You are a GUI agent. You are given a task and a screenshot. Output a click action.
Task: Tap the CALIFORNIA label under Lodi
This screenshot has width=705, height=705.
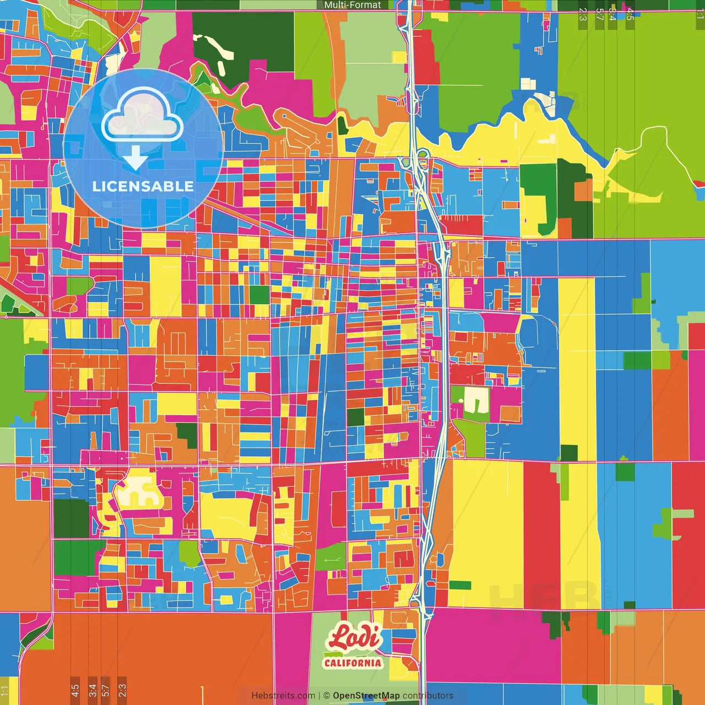click(x=352, y=663)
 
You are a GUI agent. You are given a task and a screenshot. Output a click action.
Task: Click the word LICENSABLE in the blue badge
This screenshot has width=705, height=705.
click(x=143, y=186)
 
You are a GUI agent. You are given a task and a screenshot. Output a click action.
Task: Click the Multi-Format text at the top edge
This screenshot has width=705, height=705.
click(x=352, y=5)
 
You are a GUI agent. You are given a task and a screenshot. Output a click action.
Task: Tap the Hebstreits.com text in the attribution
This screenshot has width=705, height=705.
click(x=283, y=696)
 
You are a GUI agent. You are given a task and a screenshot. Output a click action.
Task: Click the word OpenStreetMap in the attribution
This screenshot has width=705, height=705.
click(x=366, y=696)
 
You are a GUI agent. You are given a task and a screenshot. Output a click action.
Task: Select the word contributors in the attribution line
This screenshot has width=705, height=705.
click(x=428, y=696)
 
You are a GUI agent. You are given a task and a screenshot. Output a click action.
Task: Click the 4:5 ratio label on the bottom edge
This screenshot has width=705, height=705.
click(x=75, y=690)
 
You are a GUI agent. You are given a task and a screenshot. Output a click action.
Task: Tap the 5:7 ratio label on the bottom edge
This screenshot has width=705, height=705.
click(x=106, y=690)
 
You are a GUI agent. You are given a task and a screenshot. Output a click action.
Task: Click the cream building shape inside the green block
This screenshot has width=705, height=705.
click(x=475, y=400)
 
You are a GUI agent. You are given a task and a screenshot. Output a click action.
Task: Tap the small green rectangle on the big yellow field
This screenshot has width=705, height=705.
click(x=460, y=585)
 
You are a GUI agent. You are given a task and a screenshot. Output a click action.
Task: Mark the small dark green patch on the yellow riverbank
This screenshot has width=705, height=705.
click(x=343, y=126)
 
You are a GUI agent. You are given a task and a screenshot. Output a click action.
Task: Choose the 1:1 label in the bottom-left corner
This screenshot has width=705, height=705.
click(x=5, y=690)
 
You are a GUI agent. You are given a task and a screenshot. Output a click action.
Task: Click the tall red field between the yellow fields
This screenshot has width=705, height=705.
click(x=541, y=534)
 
